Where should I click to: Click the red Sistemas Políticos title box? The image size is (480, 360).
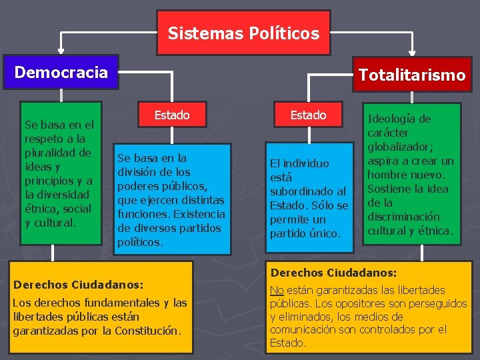(243, 33)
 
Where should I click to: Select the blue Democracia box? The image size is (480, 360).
(61, 72)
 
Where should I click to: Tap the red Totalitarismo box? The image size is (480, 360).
(411, 75)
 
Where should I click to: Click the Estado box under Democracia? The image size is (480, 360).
(172, 115)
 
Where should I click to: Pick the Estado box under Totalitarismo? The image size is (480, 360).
(308, 115)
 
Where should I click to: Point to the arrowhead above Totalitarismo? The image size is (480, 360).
(412, 48)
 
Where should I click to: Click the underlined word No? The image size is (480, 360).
(277, 290)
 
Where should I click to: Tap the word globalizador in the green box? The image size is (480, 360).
(398, 147)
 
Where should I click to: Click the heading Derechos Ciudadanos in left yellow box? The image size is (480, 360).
(78, 285)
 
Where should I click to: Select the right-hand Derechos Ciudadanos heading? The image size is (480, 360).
(333, 273)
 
